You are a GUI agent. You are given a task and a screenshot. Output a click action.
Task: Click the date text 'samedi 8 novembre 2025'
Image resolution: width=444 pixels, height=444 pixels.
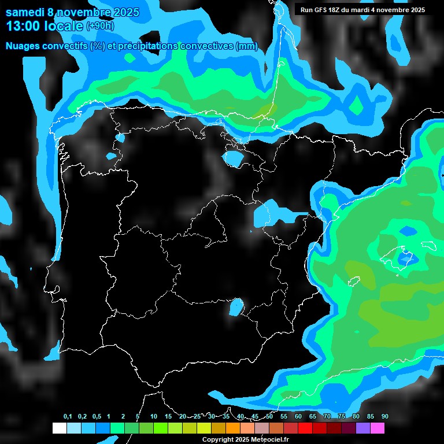pyautogui.click(x=72, y=12)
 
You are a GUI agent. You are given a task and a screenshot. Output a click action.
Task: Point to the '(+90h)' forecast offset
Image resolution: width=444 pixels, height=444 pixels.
pyautogui.click(x=101, y=26)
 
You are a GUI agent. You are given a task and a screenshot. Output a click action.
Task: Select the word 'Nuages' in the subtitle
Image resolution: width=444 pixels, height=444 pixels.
pyautogui.click(x=24, y=46)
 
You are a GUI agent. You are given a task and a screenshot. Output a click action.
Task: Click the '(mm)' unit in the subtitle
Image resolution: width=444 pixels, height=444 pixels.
pyautogui.click(x=247, y=46)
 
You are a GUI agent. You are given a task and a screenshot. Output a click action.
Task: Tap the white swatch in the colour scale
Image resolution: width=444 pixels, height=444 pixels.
pyautogui.click(x=59, y=428)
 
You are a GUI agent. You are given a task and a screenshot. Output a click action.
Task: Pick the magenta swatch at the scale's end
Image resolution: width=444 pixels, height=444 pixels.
pyautogui.click(x=378, y=428)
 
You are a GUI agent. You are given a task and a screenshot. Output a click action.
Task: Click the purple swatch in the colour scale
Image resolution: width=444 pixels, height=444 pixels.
pyautogui.click(x=363, y=428)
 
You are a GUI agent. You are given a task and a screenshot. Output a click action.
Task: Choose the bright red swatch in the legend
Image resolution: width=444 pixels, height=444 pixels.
pyautogui.click(x=305, y=428)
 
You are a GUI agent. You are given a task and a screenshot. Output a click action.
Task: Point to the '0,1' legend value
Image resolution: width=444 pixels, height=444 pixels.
pyautogui.click(x=68, y=417)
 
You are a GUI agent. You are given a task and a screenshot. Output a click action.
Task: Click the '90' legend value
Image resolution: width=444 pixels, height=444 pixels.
pyautogui.click(x=385, y=417)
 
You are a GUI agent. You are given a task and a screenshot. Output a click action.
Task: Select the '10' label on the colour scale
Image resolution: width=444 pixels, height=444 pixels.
pyautogui.click(x=154, y=417)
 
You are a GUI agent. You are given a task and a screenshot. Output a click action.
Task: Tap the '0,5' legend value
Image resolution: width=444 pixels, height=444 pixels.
pyautogui.click(x=97, y=417)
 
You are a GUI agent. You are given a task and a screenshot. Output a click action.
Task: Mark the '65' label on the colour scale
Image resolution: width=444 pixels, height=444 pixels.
pyautogui.click(x=313, y=417)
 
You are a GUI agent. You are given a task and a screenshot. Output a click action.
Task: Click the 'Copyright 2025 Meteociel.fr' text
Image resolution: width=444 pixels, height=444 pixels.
pyautogui.click(x=245, y=439)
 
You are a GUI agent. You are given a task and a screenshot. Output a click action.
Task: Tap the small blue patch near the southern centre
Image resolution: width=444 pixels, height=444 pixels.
pyautogui.click(x=236, y=307)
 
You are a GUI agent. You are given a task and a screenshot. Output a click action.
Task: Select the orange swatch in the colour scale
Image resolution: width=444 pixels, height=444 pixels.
pyautogui.click(x=233, y=428)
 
